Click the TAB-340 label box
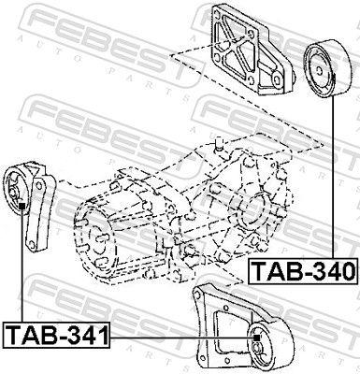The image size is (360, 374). [304, 271]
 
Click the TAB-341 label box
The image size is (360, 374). [57, 335]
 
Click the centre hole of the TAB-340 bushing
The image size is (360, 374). [319, 70]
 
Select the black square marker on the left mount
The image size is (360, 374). [22, 206]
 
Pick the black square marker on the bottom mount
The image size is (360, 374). [256, 338]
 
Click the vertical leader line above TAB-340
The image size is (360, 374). [333, 179]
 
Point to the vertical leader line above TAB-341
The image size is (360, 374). [22, 266]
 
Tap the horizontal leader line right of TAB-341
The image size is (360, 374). [181, 338]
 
